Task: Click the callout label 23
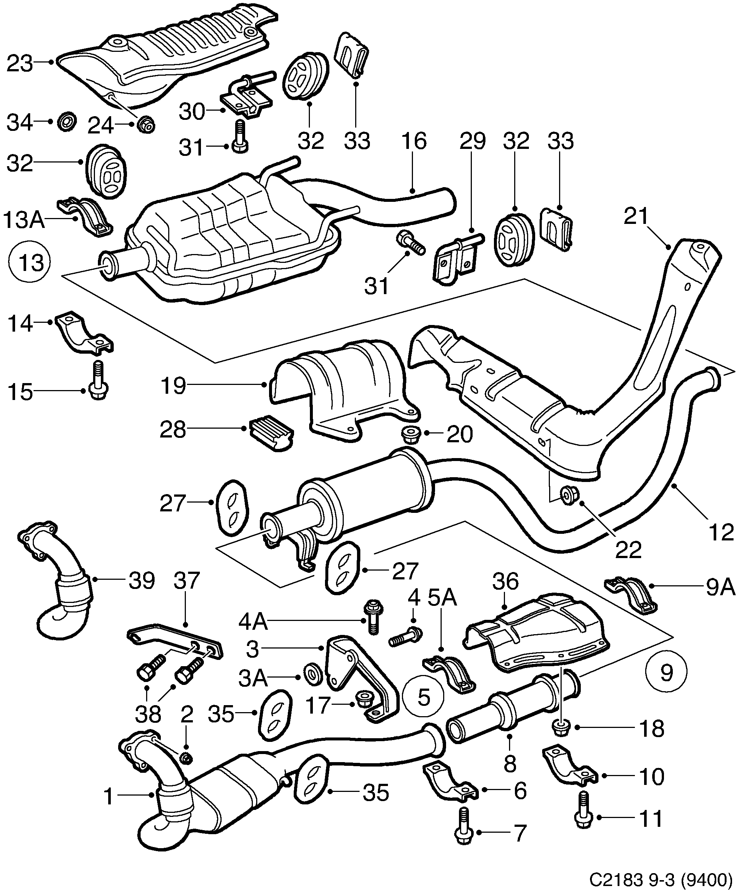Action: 20,64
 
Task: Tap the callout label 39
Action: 142,580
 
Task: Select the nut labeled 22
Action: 569,496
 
